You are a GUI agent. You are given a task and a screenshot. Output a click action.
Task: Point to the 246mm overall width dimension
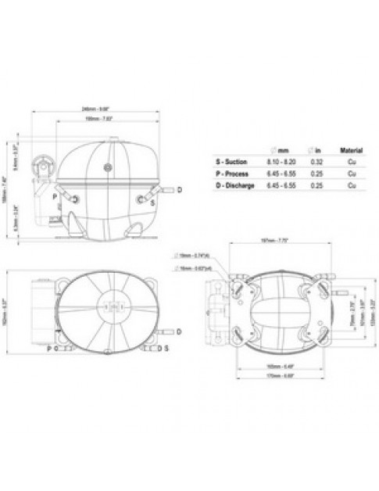[x=103, y=108]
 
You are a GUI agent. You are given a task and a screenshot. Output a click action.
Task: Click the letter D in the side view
[x=179, y=190]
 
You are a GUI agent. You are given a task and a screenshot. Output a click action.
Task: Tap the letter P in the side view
[x=55, y=197]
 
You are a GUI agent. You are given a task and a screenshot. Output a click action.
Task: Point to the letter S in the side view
[x=152, y=202]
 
